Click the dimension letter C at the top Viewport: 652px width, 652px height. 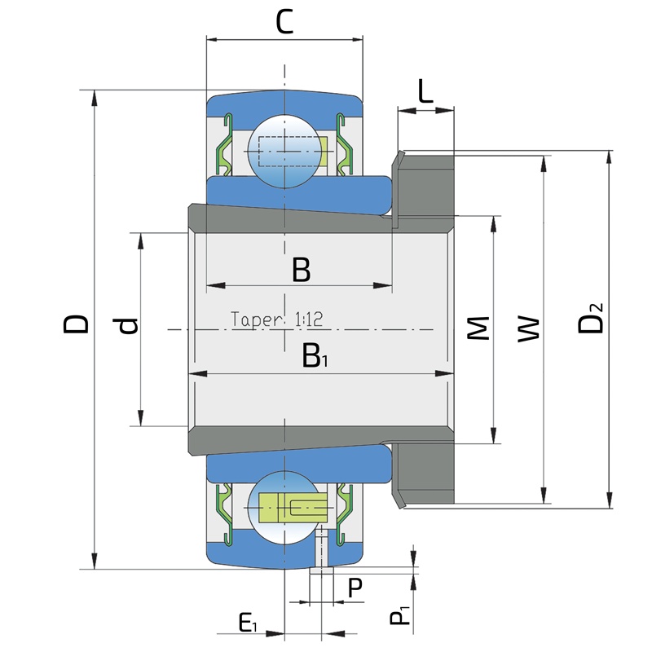[x=284, y=22]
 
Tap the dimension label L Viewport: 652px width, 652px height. [x=425, y=91]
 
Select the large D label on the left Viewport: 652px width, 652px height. [x=76, y=324]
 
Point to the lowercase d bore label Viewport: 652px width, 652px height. [x=128, y=325]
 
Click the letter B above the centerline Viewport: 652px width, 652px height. [x=301, y=270]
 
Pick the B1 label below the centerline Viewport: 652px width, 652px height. [x=315, y=356]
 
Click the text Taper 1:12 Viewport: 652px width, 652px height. [x=276, y=319]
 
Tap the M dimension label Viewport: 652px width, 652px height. [x=478, y=328]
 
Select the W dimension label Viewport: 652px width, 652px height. [x=528, y=330]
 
